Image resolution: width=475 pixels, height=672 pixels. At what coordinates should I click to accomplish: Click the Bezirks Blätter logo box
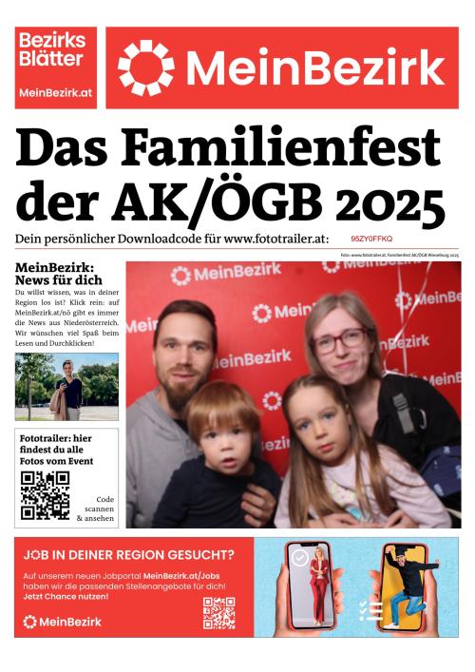55,67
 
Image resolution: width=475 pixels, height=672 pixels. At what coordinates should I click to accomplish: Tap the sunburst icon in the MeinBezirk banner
146,67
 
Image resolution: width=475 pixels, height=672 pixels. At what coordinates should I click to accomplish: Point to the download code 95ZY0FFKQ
371,240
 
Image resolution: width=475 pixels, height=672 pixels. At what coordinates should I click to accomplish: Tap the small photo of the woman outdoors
66,387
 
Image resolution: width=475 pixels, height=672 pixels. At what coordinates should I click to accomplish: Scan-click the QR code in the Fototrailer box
46,495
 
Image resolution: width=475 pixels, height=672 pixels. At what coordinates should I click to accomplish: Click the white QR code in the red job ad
218,614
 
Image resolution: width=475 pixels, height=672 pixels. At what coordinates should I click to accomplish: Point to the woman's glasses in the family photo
339,340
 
